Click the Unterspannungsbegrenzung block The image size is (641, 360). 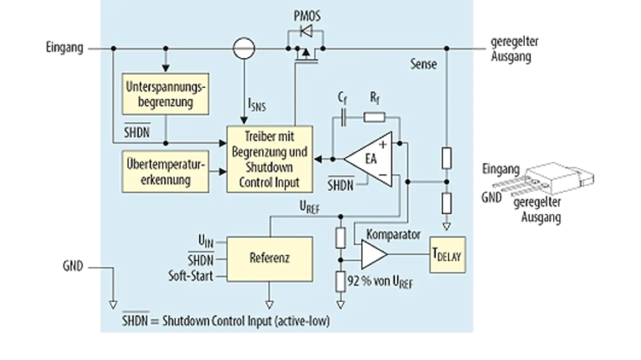click(x=165, y=94)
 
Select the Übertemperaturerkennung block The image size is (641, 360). click(x=165, y=171)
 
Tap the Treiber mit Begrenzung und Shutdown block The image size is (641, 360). click(x=269, y=159)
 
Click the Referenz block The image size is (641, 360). click(x=269, y=259)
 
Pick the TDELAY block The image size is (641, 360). click(x=448, y=255)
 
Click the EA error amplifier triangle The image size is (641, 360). click(x=368, y=159)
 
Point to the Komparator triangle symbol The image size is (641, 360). click(x=374, y=254)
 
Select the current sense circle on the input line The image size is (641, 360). click(x=244, y=49)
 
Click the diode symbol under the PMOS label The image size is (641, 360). click(x=306, y=31)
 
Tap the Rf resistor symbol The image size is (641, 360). click(x=374, y=117)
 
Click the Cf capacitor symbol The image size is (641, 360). click(x=343, y=117)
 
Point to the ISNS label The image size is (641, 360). click(x=257, y=105)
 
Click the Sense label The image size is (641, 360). click(x=424, y=64)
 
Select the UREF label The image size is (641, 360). click(x=309, y=207)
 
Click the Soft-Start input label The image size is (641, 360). click(x=191, y=276)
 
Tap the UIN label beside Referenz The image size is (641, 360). click(x=206, y=241)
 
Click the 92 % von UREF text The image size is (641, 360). click(x=380, y=282)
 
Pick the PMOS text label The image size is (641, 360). click(x=307, y=16)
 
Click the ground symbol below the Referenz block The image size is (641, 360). click(x=269, y=305)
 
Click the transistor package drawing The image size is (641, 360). click(x=553, y=180)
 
